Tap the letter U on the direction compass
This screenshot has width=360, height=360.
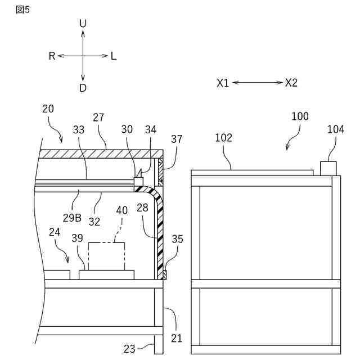click(x=83, y=23)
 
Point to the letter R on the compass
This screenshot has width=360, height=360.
click(x=52, y=56)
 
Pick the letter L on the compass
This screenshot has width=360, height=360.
click(x=114, y=56)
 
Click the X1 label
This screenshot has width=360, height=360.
click(x=223, y=83)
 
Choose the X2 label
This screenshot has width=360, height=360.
click(x=291, y=83)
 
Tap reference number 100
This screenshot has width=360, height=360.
click(x=300, y=116)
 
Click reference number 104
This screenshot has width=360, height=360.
click(x=336, y=130)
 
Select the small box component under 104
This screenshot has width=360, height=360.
click(x=328, y=168)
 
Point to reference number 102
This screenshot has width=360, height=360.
click(x=223, y=138)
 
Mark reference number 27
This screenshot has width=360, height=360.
click(x=98, y=118)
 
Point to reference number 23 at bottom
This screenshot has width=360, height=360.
click(x=129, y=349)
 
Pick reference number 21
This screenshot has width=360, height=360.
click(x=177, y=338)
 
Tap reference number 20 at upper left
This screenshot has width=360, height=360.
click(x=48, y=109)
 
